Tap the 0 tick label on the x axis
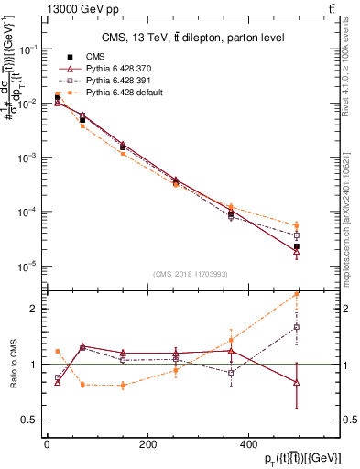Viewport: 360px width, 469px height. tap(47, 445)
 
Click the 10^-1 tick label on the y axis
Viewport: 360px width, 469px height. tap(29, 49)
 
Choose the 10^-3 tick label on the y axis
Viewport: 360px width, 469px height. tap(29, 158)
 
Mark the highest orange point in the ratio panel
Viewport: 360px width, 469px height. tap(322, 293)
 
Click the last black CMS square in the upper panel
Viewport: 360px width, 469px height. tap(322, 246)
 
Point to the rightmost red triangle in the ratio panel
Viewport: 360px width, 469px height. tap(322, 382)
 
